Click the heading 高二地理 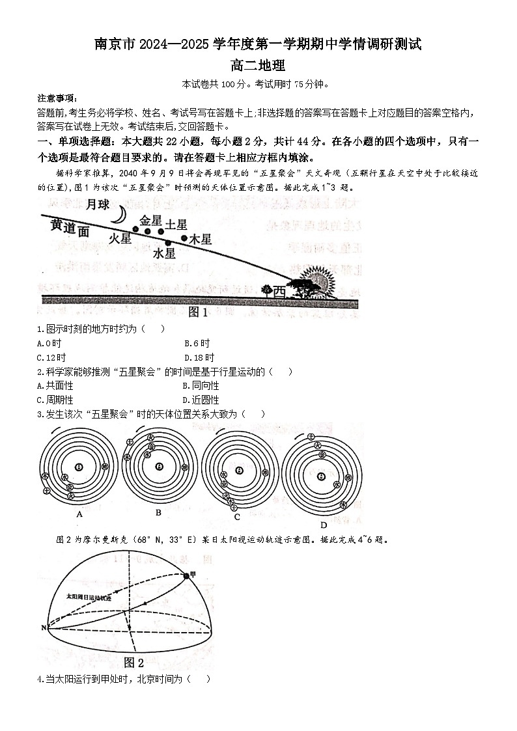(x=258, y=65)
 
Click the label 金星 (x=150, y=219)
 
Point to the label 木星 (x=201, y=240)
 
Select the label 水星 (x=164, y=253)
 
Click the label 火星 (x=120, y=239)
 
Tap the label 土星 (x=176, y=225)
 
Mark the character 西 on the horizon (x=279, y=290)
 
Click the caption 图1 (x=197, y=312)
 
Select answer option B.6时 (x=197, y=343)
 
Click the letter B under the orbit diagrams (x=158, y=513)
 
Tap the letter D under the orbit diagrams (x=323, y=525)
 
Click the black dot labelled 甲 (x=187, y=575)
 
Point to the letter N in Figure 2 (x=44, y=628)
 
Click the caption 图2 (x=133, y=663)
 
